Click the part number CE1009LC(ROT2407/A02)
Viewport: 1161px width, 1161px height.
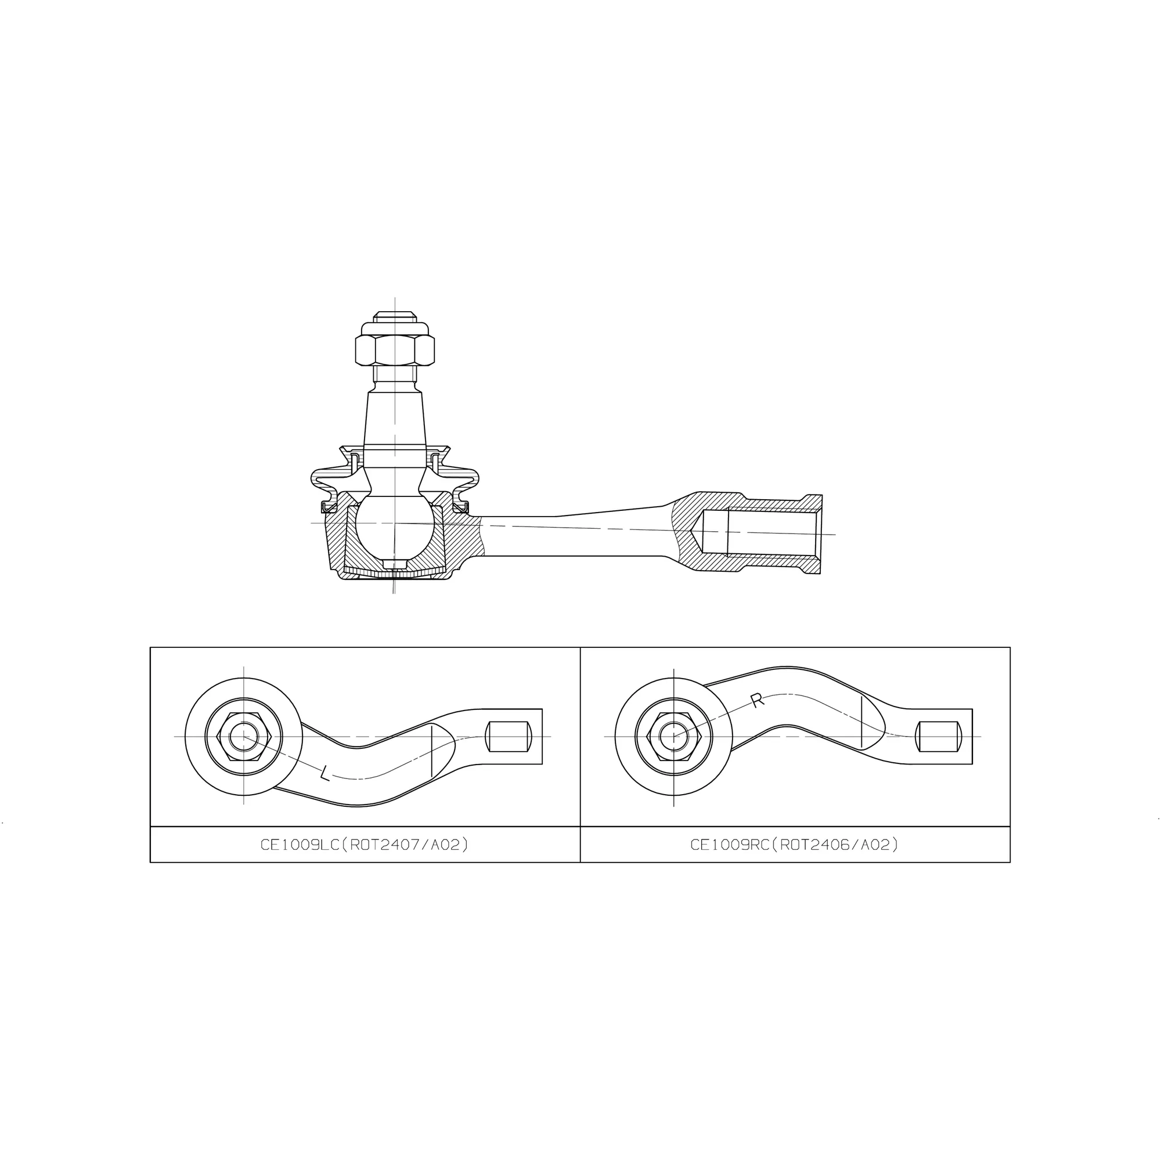pos(364,844)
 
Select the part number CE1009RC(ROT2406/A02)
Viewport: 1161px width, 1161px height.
pos(795,844)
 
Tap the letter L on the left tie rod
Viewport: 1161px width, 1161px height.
pos(324,773)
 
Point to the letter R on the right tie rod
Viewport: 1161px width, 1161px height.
pos(757,700)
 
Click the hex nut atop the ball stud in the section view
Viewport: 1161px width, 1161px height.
pos(395,351)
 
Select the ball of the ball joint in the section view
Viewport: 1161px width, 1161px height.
pos(395,524)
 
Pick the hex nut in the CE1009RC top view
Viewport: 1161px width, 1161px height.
pos(673,736)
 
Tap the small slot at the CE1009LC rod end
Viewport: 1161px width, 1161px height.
pos(509,736)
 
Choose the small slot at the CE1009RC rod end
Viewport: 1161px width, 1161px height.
pos(938,736)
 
